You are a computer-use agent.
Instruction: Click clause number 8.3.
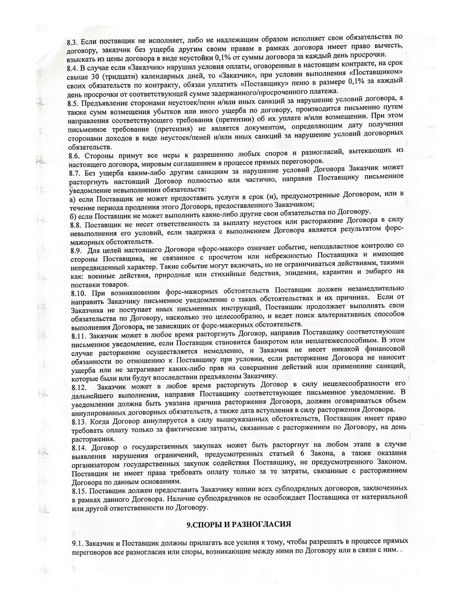point(74,42)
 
